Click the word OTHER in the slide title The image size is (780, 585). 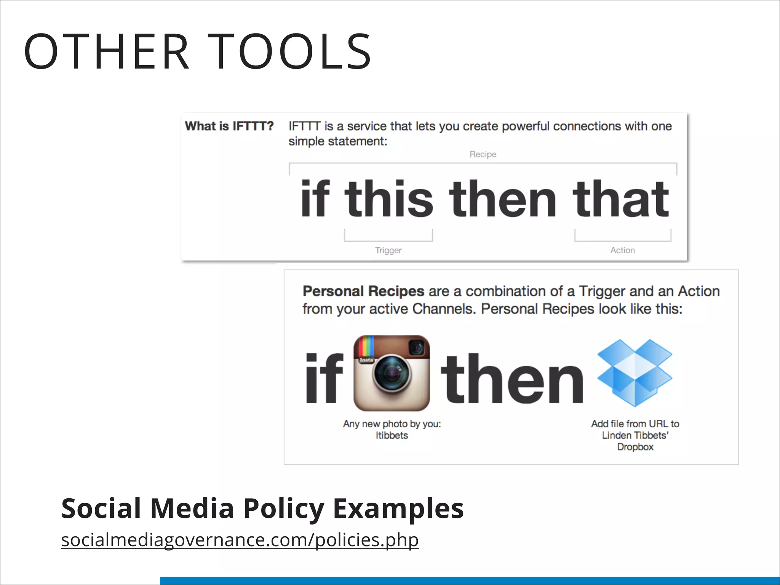point(107,52)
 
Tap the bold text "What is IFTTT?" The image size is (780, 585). point(229,126)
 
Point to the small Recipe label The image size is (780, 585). point(483,154)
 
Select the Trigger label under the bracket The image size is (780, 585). point(388,250)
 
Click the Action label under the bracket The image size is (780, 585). point(622,250)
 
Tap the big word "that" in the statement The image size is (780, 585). point(621,198)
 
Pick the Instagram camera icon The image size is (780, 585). point(392,373)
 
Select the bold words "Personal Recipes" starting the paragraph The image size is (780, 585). point(363,291)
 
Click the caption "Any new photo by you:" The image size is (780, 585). point(392,424)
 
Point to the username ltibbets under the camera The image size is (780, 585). point(392,435)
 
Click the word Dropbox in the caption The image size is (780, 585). point(635,447)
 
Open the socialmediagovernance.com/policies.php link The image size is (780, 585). point(240,540)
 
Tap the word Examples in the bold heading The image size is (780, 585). point(398,509)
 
